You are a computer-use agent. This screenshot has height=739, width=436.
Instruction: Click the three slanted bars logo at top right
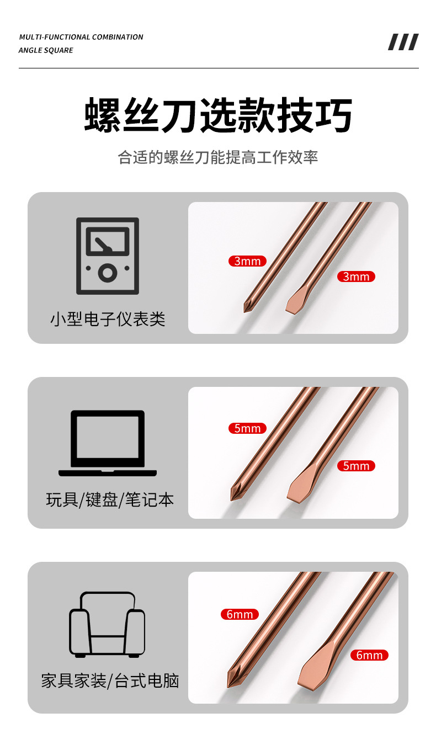pos(403,42)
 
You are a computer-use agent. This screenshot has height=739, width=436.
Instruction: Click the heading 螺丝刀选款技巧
pos(218,115)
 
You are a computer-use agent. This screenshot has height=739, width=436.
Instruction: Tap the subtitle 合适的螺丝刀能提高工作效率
pos(218,157)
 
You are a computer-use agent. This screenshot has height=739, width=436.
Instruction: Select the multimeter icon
pos(108,256)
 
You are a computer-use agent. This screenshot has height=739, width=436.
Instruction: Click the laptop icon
pos(108,443)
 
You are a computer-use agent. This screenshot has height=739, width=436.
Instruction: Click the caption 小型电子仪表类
pos(108,319)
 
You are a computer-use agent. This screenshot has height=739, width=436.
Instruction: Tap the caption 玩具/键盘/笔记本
pos(110,500)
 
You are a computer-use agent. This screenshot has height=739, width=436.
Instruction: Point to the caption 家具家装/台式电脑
pos(110,680)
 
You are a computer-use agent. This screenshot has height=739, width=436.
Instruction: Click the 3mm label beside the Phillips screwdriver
pos(247,261)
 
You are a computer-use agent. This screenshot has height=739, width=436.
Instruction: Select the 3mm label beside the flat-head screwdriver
pos(356,277)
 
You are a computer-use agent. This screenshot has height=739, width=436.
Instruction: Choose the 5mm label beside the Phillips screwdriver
pos(247,428)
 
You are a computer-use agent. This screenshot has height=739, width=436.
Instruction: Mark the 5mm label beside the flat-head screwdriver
pos(356,466)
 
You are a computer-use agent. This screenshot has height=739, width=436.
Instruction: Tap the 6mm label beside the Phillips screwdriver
pos(240,614)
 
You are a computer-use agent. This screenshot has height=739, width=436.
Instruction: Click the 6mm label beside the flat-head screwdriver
pos(369,655)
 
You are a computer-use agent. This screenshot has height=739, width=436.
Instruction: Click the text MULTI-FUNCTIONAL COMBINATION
pos(81,37)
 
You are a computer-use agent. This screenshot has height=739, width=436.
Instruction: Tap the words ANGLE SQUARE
pos(46,50)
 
